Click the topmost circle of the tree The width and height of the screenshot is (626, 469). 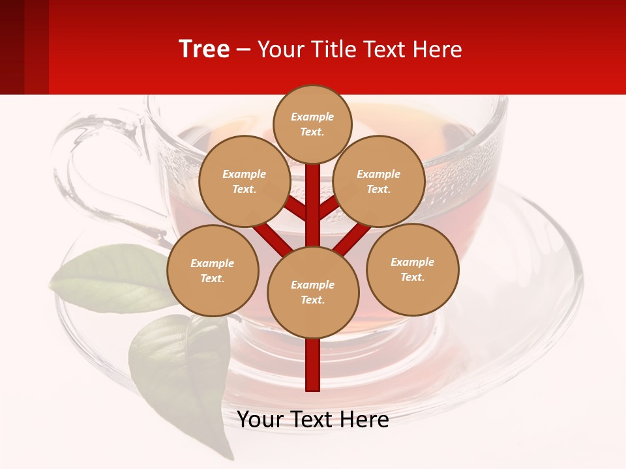312,124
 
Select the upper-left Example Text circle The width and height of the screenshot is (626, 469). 245,181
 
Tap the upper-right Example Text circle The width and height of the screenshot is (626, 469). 379,181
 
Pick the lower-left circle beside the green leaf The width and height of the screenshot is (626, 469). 213,270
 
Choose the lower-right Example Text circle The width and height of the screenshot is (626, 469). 413,269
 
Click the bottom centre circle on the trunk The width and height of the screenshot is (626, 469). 313,292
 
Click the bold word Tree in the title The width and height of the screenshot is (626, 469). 204,49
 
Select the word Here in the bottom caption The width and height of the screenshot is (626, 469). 363,419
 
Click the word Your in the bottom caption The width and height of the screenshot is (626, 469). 260,419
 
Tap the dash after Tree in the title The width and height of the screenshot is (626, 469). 243,50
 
